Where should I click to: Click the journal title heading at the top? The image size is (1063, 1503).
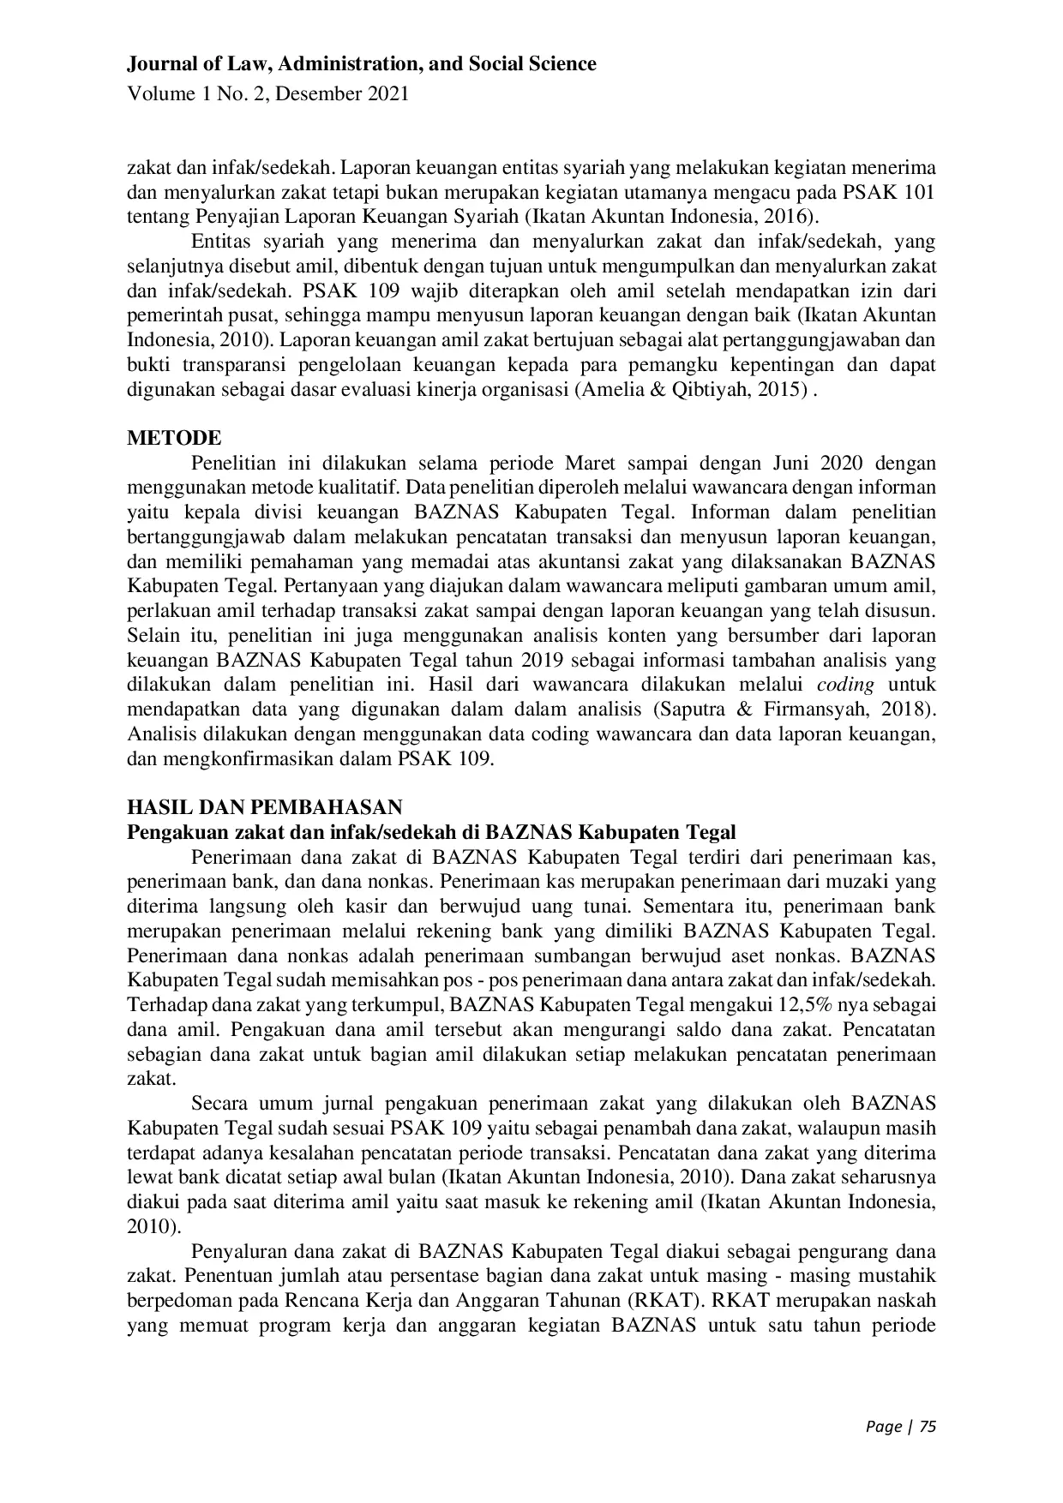[361, 63]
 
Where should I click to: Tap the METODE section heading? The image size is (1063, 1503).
[174, 438]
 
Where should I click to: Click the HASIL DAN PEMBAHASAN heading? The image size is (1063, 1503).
[264, 806]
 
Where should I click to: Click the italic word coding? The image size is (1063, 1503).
[845, 685]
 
